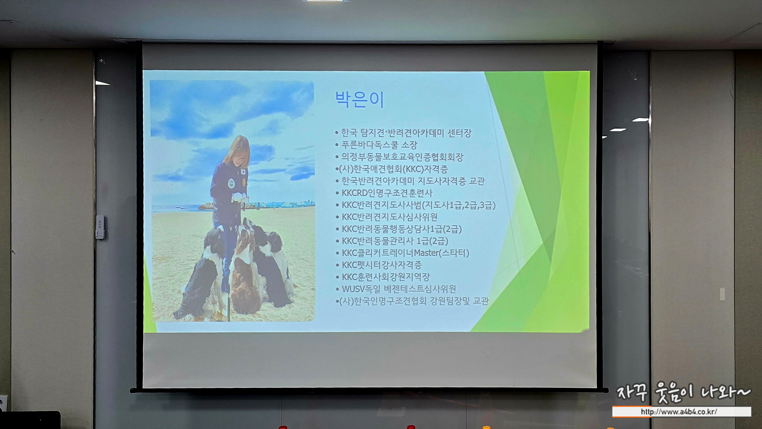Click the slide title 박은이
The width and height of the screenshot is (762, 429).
[x=359, y=99]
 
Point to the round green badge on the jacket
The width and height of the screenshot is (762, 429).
[x=231, y=184]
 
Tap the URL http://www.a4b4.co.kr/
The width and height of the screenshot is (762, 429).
[x=679, y=412]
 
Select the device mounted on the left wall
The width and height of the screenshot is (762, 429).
[x=100, y=227]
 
